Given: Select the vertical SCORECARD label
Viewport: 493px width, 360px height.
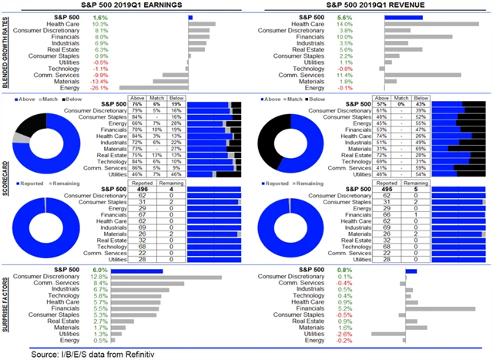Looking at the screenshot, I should [x=8, y=179].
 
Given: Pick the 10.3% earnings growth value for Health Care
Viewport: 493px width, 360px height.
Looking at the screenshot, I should [x=101, y=24].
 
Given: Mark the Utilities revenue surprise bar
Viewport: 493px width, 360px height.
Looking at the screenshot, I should [x=388, y=333].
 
